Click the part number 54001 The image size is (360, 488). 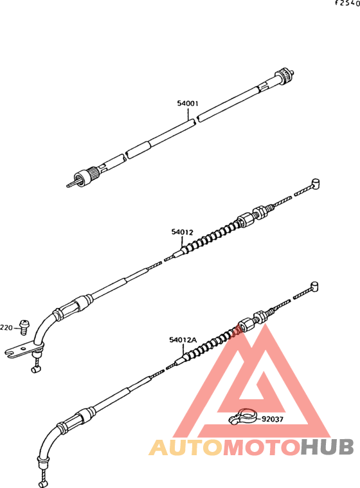coord(188,104)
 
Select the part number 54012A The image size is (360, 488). coord(183,340)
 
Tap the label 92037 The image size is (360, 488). coord(273,419)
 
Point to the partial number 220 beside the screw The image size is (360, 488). coord(6,328)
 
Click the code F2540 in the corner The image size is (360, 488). coord(348,3)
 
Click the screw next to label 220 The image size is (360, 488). coord(24,327)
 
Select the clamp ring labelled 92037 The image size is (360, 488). coord(242,416)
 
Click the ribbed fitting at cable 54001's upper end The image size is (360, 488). coord(284,76)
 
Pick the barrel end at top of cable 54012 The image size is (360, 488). coord(315,183)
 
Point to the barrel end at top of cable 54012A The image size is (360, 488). coord(314,286)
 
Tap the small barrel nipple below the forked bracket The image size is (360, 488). coord(37,369)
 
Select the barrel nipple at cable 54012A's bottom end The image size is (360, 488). coord(43,484)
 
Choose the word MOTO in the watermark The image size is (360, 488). coord(262,447)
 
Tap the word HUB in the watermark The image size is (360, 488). coord(328,447)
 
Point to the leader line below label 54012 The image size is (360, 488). coord(183,242)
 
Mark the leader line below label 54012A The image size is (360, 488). coord(183,350)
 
